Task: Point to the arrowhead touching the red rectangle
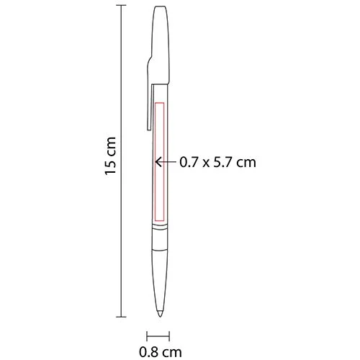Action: [161, 163]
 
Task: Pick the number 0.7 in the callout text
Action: [188, 163]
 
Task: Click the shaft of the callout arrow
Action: [170, 163]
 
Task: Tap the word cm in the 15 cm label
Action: [110, 148]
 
